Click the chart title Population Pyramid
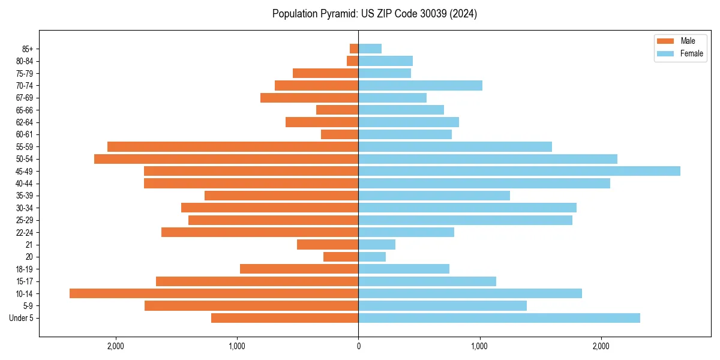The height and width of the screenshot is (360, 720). [374, 14]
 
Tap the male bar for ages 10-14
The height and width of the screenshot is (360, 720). [214, 293]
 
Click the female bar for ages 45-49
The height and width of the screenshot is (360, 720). [519, 171]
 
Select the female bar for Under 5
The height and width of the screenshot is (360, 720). [499, 318]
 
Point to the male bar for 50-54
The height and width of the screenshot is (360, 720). [226, 159]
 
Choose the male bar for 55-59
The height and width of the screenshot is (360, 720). [233, 146]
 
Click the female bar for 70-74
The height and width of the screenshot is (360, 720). [420, 85]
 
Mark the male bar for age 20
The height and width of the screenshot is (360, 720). [341, 257]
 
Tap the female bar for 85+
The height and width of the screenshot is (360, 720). [370, 49]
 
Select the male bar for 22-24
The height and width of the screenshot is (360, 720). [260, 232]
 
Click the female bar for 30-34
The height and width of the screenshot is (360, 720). [467, 208]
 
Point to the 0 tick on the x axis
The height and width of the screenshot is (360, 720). [358, 346]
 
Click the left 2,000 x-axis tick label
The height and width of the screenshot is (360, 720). [115, 346]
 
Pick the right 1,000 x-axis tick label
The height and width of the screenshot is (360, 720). [479, 346]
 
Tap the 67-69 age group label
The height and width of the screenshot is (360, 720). [25, 98]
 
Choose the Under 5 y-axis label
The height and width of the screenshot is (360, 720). [22, 318]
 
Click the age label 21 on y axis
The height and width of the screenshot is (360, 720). [29, 245]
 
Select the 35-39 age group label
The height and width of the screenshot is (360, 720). [25, 196]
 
